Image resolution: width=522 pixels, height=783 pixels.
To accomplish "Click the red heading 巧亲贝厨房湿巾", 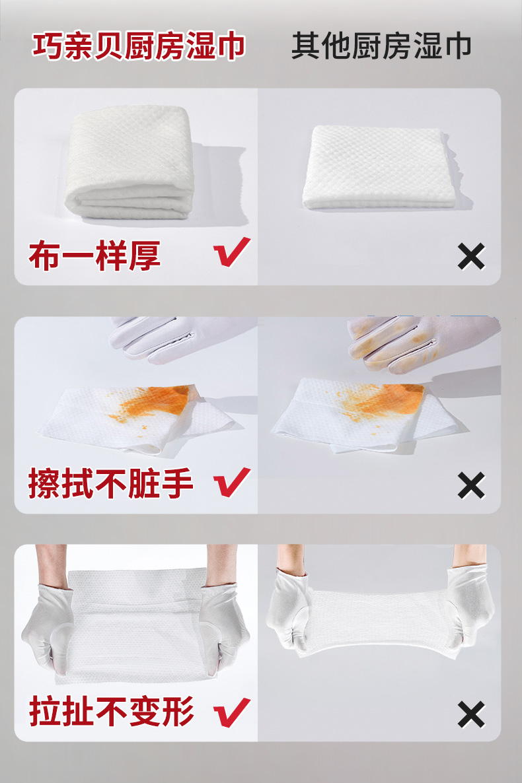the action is click(x=139, y=46).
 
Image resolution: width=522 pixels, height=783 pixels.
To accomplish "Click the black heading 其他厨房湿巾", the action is click(x=381, y=46).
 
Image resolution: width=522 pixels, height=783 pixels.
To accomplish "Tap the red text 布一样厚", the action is click(x=95, y=255).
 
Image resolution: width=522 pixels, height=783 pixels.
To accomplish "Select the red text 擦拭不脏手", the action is click(x=110, y=483).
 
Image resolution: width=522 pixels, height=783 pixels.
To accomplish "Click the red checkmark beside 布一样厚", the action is click(x=231, y=252).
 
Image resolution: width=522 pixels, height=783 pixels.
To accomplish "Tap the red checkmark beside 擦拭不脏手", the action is click(x=231, y=482).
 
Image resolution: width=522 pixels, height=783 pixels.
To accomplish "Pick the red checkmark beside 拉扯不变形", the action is click(x=231, y=712).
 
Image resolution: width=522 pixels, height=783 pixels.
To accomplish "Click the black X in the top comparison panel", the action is click(x=471, y=256).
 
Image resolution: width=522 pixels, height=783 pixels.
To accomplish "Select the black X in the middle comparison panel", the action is click(x=471, y=485).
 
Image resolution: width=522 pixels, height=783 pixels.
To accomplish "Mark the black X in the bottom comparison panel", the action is click(x=471, y=714).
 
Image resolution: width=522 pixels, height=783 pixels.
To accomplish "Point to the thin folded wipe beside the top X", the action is click(x=379, y=167).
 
